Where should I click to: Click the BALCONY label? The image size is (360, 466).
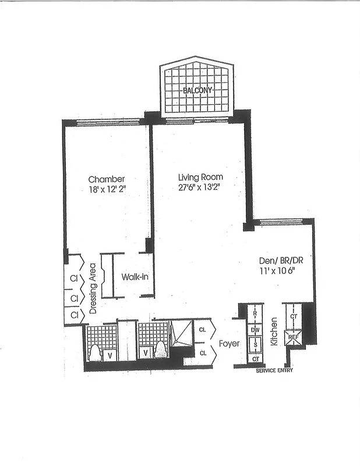click(x=198, y=90)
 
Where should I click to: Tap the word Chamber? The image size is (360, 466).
click(x=107, y=179)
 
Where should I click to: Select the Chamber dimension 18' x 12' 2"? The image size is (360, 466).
click(x=107, y=189)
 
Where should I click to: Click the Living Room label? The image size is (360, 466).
click(x=200, y=177)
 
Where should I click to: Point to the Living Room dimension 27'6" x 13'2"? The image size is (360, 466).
click(x=200, y=187)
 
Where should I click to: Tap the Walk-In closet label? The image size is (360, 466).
click(x=135, y=277)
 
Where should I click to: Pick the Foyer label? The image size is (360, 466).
click(x=229, y=344)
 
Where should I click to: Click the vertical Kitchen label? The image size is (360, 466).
click(x=274, y=333)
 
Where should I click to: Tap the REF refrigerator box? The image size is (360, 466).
click(x=292, y=337)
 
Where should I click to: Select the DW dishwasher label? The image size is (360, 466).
click(x=255, y=330)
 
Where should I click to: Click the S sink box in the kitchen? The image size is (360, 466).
click(x=255, y=344)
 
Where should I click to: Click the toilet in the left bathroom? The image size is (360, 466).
click(x=95, y=353)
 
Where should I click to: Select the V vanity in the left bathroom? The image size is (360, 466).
click(x=111, y=353)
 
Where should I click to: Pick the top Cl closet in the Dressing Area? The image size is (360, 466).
click(x=74, y=278)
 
